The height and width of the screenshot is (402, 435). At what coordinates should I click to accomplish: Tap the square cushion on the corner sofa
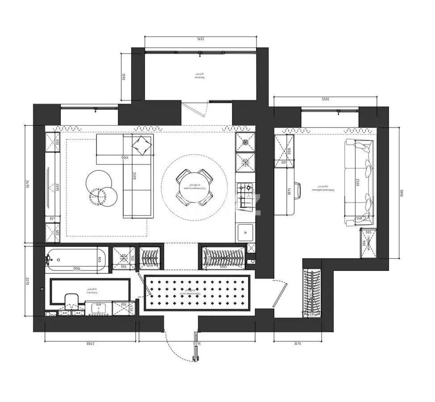[x=142, y=145]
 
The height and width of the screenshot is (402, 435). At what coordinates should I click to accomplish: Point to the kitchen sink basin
[x=245, y=233]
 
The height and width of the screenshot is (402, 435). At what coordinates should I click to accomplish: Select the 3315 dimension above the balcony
[x=200, y=39]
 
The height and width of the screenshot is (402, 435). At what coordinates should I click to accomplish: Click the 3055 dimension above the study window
[x=325, y=99]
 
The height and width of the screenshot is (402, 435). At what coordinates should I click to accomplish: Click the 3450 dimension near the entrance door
[x=195, y=343]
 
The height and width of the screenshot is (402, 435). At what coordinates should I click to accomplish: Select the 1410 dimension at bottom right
[x=298, y=343]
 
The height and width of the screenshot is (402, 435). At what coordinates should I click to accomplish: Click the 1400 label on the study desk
[x=289, y=191]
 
